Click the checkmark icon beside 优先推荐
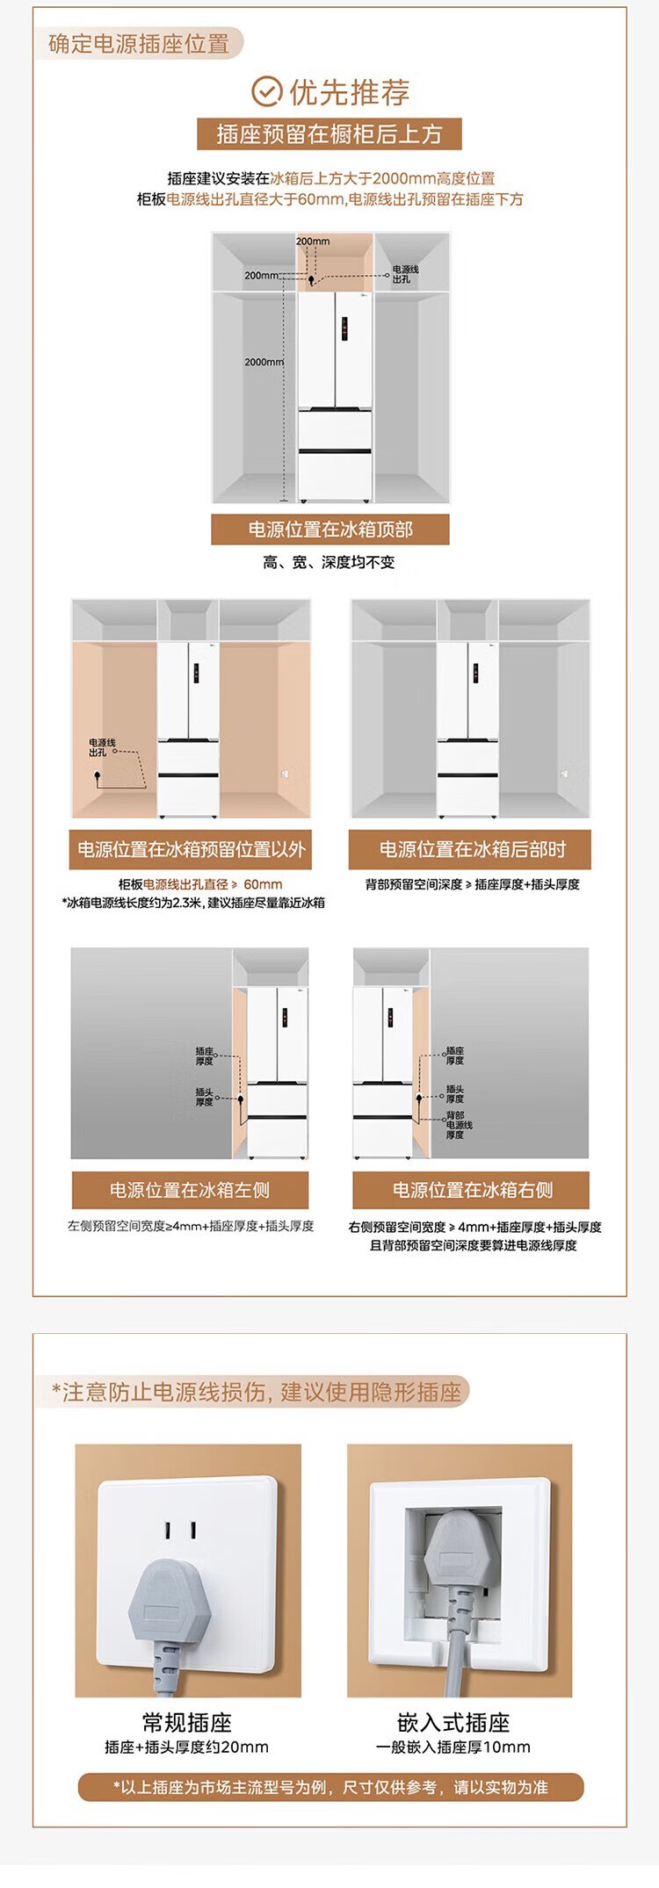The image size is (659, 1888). pyautogui.click(x=266, y=91)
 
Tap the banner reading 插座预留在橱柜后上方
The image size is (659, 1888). pyautogui.click(x=329, y=134)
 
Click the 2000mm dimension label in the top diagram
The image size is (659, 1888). pyautogui.click(x=264, y=362)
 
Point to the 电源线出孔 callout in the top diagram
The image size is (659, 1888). pyautogui.click(x=405, y=274)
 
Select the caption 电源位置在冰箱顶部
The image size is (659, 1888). pyautogui.click(x=330, y=530)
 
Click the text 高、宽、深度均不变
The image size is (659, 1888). pyautogui.click(x=329, y=562)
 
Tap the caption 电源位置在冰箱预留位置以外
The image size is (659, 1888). pyautogui.click(x=191, y=849)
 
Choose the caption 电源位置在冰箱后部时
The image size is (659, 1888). pyautogui.click(x=471, y=849)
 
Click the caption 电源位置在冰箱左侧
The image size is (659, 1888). pyautogui.click(x=190, y=1190)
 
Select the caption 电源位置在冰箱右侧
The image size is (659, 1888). pyautogui.click(x=472, y=1190)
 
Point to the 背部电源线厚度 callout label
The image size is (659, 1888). pyautogui.click(x=459, y=1125)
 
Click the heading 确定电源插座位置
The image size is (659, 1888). pyautogui.click(x=139, y=44)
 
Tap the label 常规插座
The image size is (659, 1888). pyautogui.click(x=187, y=1722)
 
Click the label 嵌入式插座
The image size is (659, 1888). pyautogui.click(x=453, y=1722)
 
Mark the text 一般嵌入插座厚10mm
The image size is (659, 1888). pyautogui.click(x=453, y=1747)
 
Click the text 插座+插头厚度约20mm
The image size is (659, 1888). pyautogui.click(x=187, y=1747)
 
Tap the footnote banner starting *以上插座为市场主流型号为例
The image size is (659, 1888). pyautogui.click(x=330, y=1787)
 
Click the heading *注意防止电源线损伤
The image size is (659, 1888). pyautogui.click(x=256, y=1391)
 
